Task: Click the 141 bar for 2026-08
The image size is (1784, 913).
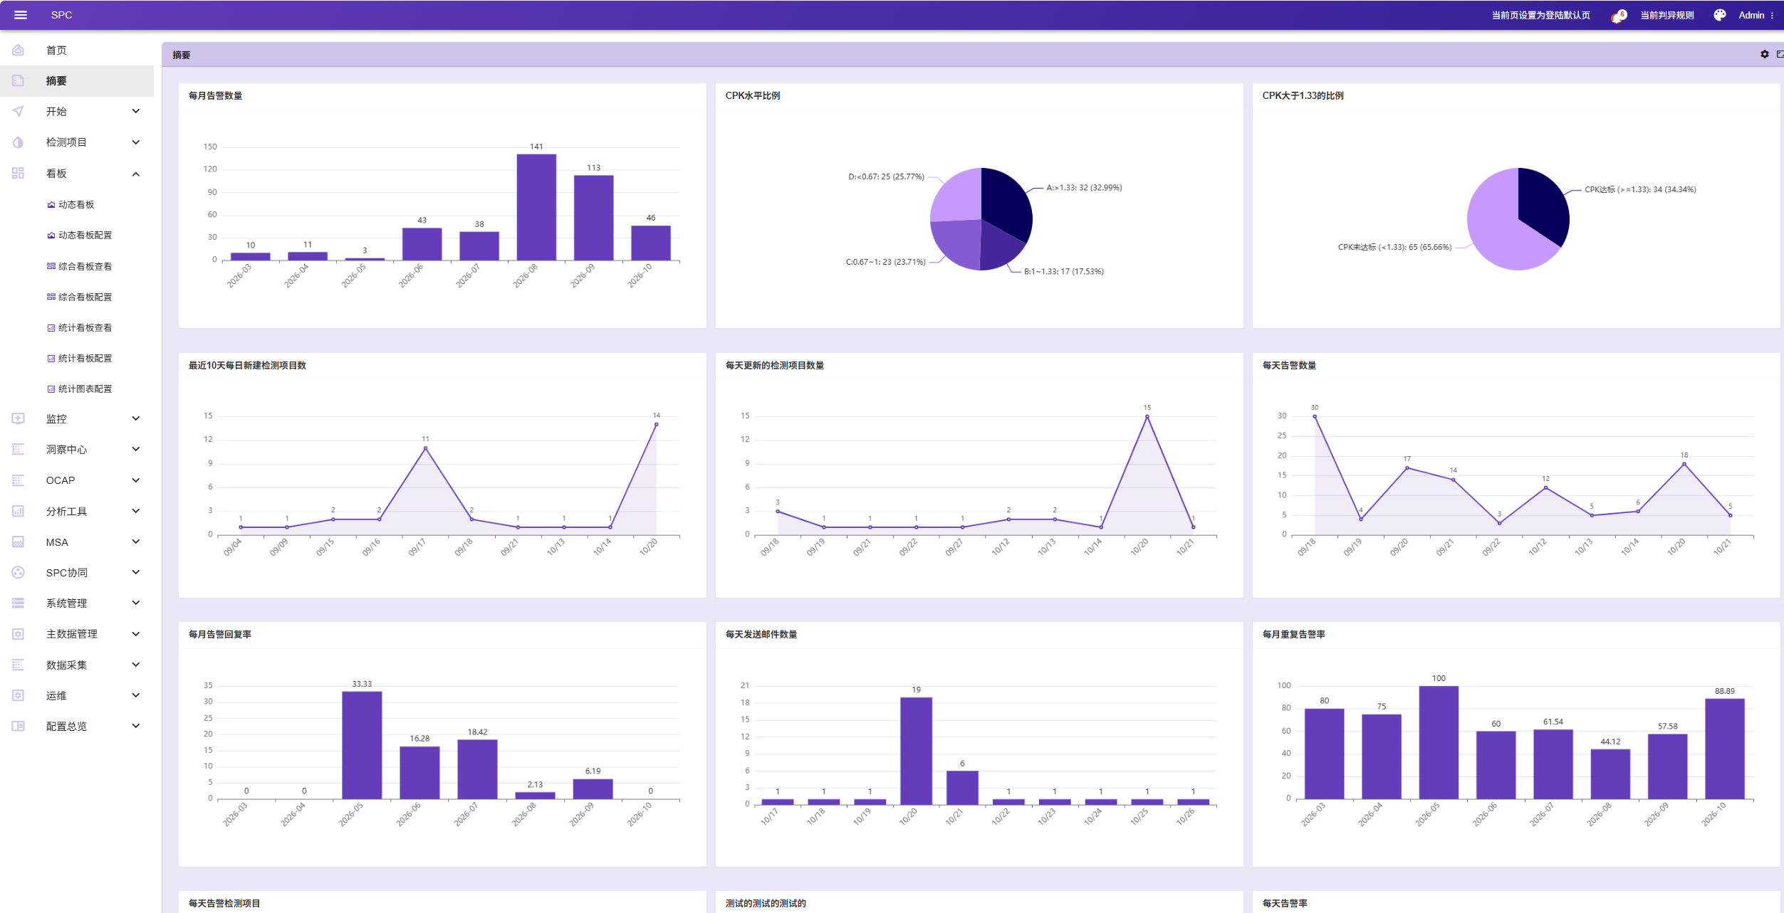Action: (x=536, y=207)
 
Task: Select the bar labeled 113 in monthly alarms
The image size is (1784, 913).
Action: (x=593, y=218)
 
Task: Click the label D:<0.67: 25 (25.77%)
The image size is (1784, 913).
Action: (x=886, y=176)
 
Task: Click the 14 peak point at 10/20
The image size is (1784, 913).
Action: (x=656, y=424)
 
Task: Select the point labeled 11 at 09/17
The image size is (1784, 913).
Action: (x=425, y=448)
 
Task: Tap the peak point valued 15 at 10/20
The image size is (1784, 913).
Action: (x=1147, y=416)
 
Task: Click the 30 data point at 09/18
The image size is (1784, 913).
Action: (x=1315, y=416)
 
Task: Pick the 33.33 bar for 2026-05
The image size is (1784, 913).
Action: (x=362, y=745)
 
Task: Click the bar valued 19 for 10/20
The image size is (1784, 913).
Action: (x=916, y=751)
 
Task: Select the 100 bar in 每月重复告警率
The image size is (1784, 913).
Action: (x=1439, y=742)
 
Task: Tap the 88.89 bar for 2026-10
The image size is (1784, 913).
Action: (x=1724, y=749)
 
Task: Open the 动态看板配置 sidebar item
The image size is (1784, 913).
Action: (x=85, y=235)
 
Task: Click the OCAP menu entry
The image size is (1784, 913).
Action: (x=61, y=480)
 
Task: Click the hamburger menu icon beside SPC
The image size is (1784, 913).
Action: (x=21, y=15)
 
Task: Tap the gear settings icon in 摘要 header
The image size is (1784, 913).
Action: (x=1764, y=54)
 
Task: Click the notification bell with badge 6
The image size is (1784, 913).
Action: (x=1617, y=16)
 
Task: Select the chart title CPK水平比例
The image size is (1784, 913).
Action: (x=753, y=95)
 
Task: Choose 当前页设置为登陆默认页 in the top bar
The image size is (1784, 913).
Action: (x=1540, y=15)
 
